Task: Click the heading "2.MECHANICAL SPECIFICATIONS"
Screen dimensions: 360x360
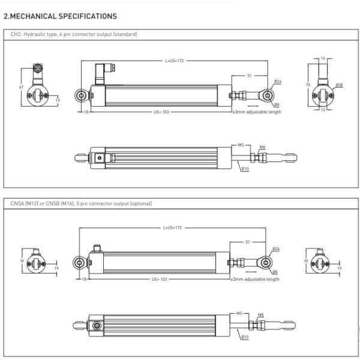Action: coord(60,16)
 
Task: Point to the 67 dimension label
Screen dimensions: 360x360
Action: coord(21,87)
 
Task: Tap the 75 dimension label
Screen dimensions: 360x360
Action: coord(308,86)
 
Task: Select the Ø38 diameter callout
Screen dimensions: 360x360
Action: coord(340,85)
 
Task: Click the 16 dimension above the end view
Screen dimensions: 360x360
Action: coord(323,58)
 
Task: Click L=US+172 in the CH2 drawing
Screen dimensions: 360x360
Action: coord(174,61)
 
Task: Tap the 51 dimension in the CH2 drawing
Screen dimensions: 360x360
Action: coord(248,76)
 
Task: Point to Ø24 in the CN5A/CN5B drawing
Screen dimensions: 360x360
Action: coord(277,248)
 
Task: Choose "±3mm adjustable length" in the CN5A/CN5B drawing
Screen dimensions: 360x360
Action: coord(256,279)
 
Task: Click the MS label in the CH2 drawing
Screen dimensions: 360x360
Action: coord(239,145)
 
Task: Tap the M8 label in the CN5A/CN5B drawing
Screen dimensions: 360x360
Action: coord(261,314)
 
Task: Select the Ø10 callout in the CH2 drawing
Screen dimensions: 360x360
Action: coord(245,169)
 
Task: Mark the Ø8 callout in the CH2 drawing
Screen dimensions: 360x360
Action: coord(276,104)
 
